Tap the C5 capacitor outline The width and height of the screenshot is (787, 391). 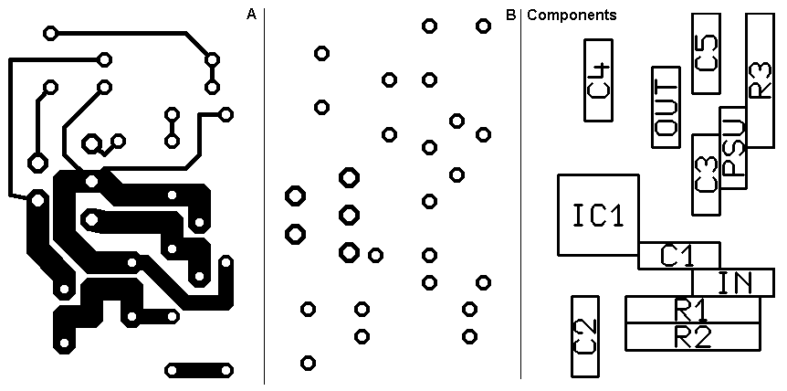[706, 53]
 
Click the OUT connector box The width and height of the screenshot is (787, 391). [666, 107]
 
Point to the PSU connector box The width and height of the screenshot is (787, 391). [733, 148]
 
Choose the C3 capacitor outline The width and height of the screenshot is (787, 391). [706, 174]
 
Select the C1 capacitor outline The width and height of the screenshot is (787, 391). [678, 256]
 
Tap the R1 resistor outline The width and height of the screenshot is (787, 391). [692, 310]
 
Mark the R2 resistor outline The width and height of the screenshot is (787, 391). [692, 337]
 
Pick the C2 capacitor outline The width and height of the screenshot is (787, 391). [584, 336]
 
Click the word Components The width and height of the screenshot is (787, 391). [572, 15]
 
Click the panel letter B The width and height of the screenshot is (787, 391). [510, 15]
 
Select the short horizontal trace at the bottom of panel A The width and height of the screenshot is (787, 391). [199, 370]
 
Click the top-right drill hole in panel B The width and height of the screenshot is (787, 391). [483, 26]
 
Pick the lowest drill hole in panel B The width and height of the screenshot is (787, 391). [309, 363]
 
